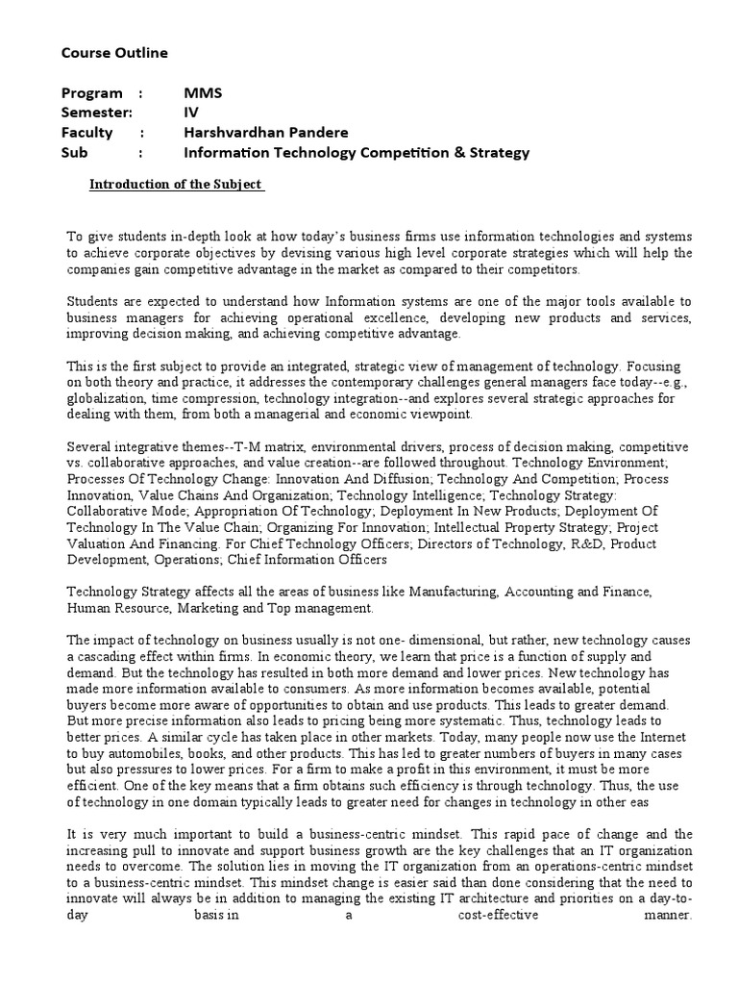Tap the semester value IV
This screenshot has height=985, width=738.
coord(190,113)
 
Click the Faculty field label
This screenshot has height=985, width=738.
coord(86,133)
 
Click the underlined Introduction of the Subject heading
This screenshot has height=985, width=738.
coord(176,184)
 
